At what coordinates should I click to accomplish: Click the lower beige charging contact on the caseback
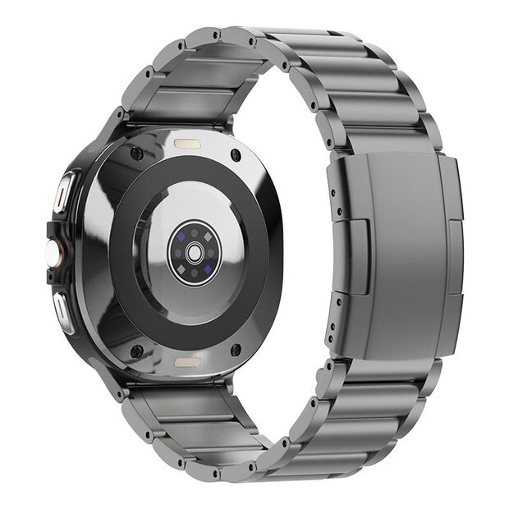186,360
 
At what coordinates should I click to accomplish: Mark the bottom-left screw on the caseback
136,351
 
